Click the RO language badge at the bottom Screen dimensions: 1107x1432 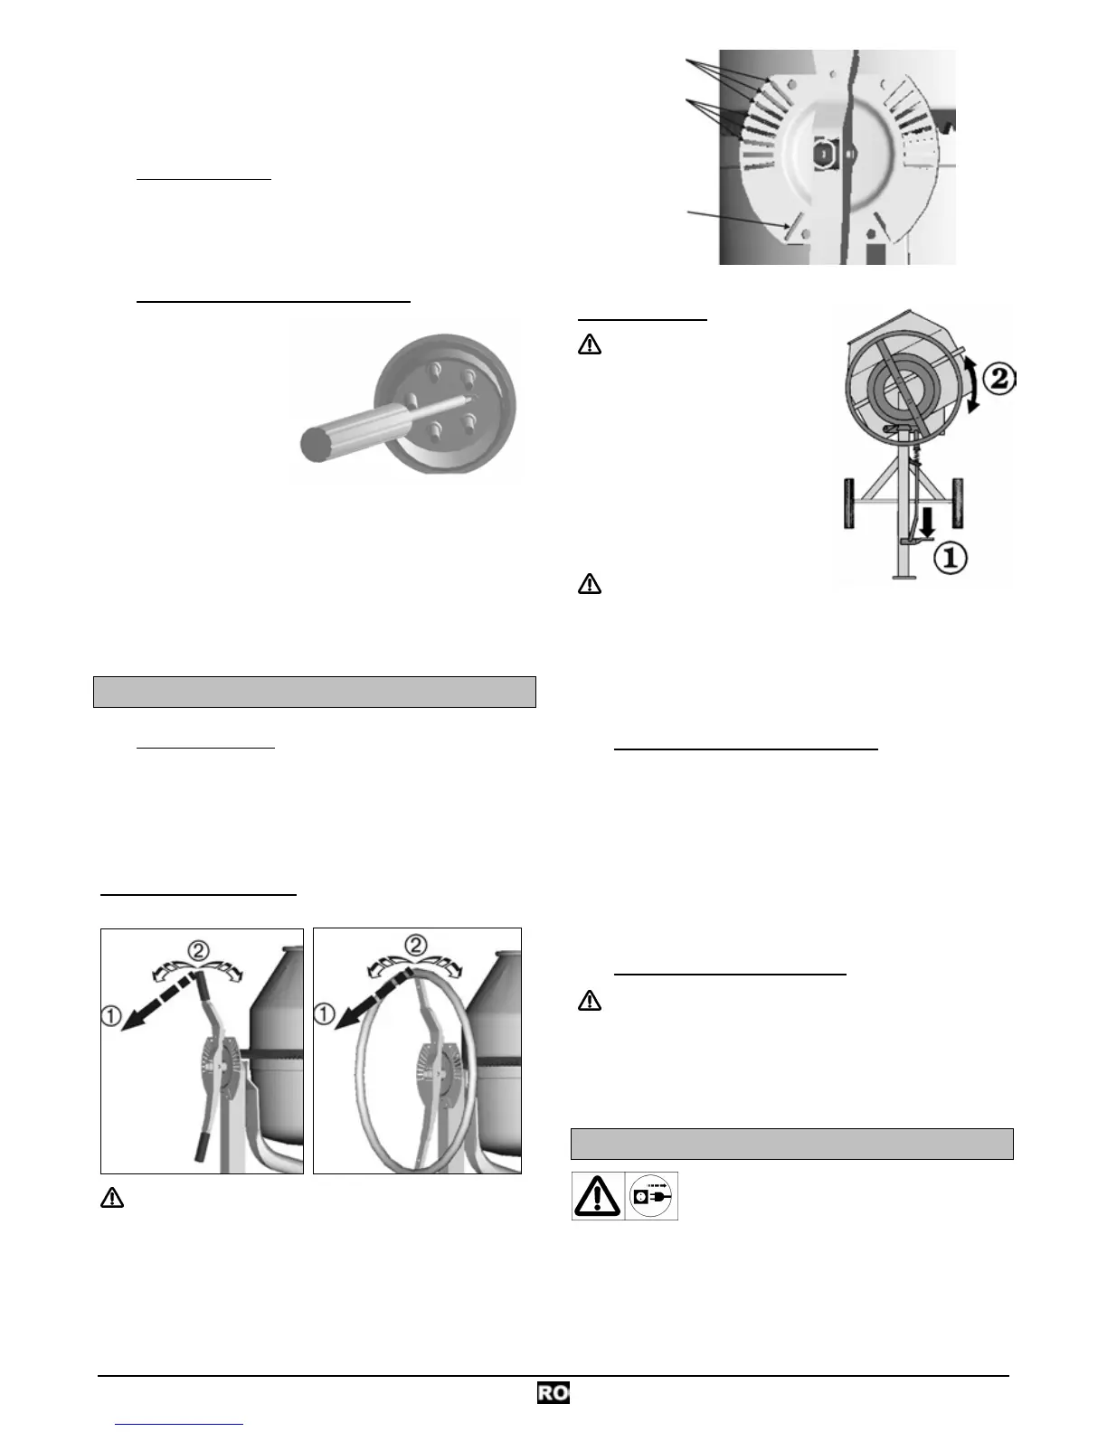553,1393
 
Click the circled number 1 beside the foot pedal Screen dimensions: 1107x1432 949,558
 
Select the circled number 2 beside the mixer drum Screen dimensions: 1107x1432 998,378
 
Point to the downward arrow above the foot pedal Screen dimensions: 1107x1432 926,521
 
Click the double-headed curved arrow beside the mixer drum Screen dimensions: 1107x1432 971,384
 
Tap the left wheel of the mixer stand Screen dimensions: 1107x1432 850,503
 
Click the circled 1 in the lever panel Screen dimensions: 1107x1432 110,1016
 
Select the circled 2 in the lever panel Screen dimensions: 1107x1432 198,950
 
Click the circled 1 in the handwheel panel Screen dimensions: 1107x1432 324,1014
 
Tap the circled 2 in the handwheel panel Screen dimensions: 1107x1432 415,946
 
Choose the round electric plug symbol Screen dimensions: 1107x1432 651,1196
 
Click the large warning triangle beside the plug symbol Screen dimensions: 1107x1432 597,1197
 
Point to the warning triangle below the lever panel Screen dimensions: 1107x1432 111,1199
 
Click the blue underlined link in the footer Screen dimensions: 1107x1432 179,1424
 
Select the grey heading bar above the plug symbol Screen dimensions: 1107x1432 791,1144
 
